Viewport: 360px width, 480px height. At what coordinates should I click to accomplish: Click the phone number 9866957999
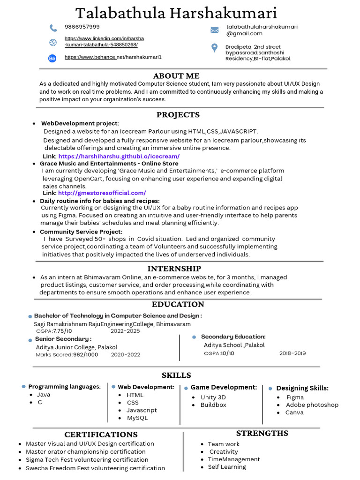coord(82,27)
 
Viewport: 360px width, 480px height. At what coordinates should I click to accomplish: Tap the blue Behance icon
coord(52,58)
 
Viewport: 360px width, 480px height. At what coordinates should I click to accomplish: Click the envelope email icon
coord(215,30)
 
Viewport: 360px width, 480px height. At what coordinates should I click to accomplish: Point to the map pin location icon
coord(215,48)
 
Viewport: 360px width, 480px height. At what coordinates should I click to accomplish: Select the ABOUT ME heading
coord(176,76)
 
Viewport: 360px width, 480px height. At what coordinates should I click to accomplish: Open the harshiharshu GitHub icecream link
coord(119,156)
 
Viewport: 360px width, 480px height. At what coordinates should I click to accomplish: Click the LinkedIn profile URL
coord(104,41)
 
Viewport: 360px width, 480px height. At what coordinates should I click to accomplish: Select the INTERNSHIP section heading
coord(174,269)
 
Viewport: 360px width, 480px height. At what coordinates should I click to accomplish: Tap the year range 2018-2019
coord(292,353)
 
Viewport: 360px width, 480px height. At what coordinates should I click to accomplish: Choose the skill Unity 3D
coord(213,397)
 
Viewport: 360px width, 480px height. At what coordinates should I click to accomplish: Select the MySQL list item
coord(137,418)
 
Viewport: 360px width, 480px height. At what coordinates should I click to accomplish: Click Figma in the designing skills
coord(295,397)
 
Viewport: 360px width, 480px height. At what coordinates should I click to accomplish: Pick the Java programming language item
coord(44,395)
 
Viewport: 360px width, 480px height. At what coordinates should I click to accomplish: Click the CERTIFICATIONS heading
coord(101,435)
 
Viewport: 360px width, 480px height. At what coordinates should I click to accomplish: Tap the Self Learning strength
coord(227,467)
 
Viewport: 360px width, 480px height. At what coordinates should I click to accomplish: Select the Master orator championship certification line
coord(86,452)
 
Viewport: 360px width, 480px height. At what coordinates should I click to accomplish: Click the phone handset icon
coord(53,28)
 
